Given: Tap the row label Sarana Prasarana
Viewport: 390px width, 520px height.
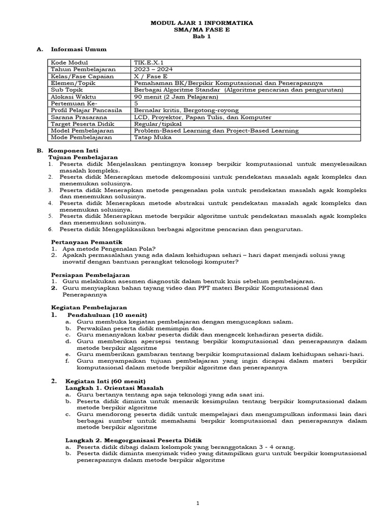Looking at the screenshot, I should [x=78, y=117].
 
